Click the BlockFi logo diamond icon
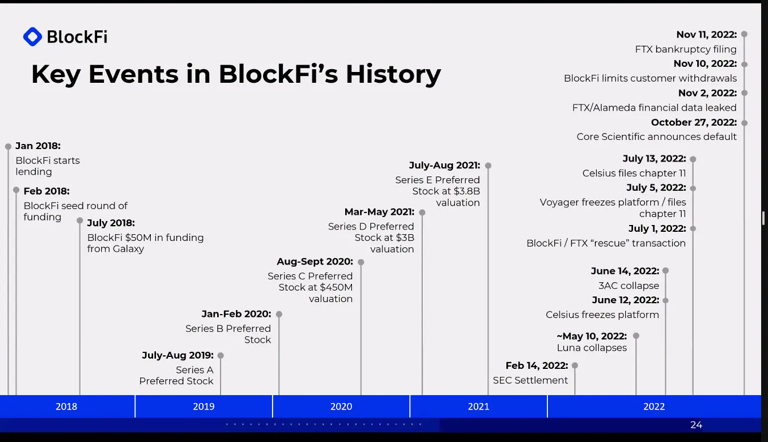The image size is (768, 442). click(x=33, y=37)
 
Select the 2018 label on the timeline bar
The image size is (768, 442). click(x=66, y=407)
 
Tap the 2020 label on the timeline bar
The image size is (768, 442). click(x=341, y=407)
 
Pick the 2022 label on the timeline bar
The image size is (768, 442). click(x=654, y=407)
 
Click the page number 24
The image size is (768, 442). click(x=696, y=425)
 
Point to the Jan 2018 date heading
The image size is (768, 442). click(x=38, y=146)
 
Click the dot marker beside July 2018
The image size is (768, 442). click(x=80, y=220)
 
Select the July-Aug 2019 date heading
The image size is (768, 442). click(x=178, y=355)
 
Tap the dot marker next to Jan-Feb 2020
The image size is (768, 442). click(x=279, y=314)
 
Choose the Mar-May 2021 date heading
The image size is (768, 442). click(x=379, y=212)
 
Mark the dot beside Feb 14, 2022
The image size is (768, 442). click(x=575, y=365)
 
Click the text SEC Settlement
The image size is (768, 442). click(x=530, y=380)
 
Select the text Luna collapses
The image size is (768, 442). click(x=591, y=348)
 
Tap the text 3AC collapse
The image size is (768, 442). click(x=628, y=286)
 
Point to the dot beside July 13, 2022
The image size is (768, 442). click(x=693, y=159)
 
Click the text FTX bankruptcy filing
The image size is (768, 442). click(x=686, y=50)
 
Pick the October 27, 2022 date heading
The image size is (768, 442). click(x=694, y=122)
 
